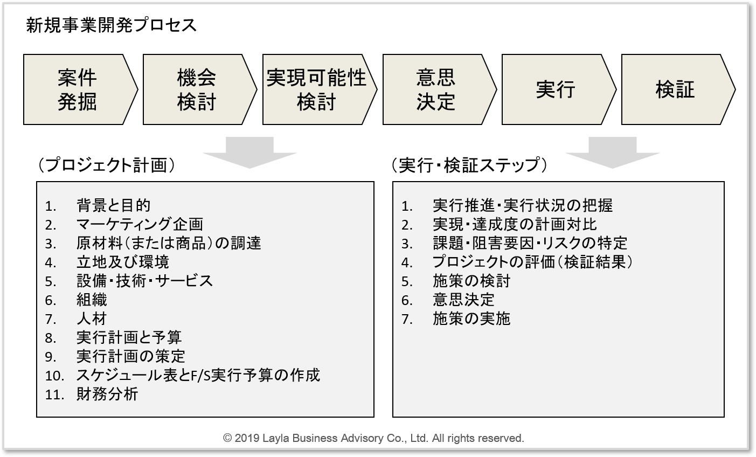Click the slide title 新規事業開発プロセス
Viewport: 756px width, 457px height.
[x=111, y=26]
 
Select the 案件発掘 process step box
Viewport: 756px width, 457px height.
[x=80, y=89]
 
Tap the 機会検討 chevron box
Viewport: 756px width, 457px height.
[x=200, y=89]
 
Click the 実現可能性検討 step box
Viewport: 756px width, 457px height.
[x=320, y=89]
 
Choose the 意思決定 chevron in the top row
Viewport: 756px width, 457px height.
[x=439, y=89]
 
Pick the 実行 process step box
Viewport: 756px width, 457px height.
[x=559, y=89]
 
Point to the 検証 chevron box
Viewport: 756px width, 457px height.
[x=678, y=89]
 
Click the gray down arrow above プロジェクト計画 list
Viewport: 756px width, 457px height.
[x=249, y=152]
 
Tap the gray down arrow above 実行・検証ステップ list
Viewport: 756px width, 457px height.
[x=613, y=152]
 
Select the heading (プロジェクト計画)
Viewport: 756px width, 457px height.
[x=107, y=165]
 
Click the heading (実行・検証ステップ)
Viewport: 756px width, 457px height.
[x=469, y=165]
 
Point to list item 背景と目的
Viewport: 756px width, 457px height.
[x=113, y=205]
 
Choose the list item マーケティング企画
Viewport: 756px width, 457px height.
[x=140, y=224]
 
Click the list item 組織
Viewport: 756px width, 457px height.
[x=92, y=300]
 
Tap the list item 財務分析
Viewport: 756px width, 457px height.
[x=107, y=394]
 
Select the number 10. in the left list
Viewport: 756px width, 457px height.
[x=54, y=376]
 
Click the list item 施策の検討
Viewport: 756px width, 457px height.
[x=471, y=281]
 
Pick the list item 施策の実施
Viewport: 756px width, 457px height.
[x=471, y=318]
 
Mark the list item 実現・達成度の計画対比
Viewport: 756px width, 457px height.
[x=515, y=224]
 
